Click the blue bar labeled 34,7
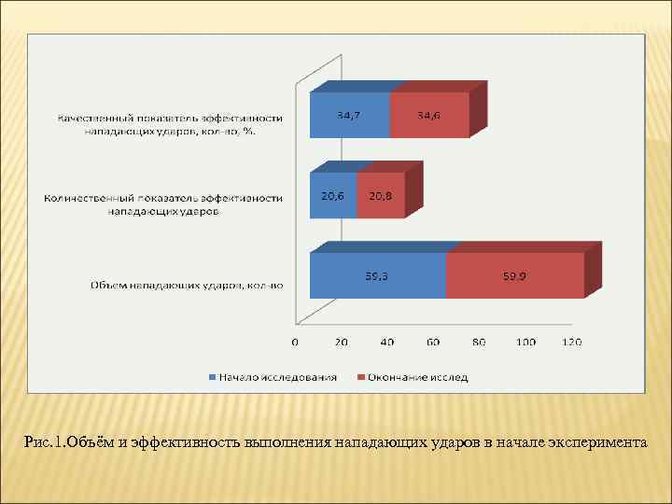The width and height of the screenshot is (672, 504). [x=349, y=116]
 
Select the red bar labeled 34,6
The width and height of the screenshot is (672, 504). [x=428, y=116]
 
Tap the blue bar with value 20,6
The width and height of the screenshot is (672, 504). [x=332, y=196]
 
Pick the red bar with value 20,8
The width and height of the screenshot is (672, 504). [x=380, y=196]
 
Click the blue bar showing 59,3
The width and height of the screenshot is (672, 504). [x=377, y=276]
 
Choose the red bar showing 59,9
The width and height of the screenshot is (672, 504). [x=514, y=276]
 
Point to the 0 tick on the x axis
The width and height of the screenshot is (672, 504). [x=295, y=342]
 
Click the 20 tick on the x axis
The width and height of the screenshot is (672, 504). [x=341, y=342]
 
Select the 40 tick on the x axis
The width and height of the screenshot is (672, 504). [x=386, y=342]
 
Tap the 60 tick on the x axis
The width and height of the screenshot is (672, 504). [x=433, y=342]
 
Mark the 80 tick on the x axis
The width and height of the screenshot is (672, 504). [x=479, y=342]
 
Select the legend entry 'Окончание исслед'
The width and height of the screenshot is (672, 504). [x=417, y=377]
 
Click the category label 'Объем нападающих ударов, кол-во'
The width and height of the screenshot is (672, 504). [x=187, y=285]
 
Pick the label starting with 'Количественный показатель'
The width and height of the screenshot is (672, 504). [x=163, y=204]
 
